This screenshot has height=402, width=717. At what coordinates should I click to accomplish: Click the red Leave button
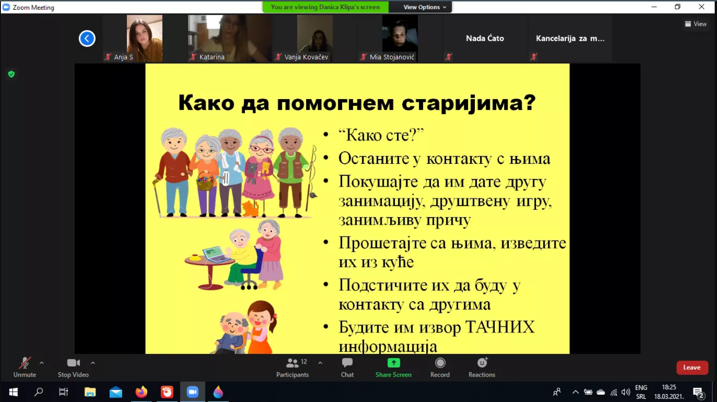tap(692, 367)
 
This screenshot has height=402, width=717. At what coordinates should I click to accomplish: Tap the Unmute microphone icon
tap(25, 363)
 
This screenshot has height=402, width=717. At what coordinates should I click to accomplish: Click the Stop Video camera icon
tap(73, 363)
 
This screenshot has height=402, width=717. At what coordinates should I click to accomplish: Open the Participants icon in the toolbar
tap(292, 363)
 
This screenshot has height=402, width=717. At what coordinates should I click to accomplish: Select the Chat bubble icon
tap(347, 363)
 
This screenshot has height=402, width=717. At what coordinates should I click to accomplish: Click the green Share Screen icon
tap(393, 363)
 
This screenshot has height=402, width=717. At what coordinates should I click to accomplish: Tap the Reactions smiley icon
tap(482, 363)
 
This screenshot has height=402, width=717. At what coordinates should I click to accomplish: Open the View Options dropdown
tap(424, 7)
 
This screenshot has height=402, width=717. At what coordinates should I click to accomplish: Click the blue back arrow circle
tap(87, 38)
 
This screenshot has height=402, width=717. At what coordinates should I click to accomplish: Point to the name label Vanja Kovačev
tap(306, 57)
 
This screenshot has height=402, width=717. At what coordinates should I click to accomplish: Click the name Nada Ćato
tap(485, 38)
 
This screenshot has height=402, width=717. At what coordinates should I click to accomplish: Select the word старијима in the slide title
tap(468, 103)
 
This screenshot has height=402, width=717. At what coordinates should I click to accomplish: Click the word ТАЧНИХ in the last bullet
tap(499, 327)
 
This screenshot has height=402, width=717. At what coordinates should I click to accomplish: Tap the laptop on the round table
tap(216, 255)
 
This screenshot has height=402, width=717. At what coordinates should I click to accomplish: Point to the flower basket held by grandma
tap(205, 181)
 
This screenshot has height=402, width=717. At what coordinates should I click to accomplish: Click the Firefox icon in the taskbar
tap(141, 392)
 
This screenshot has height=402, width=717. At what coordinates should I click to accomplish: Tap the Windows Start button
tap(13, 392)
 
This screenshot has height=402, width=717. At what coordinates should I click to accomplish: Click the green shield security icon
tap(12, 74)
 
